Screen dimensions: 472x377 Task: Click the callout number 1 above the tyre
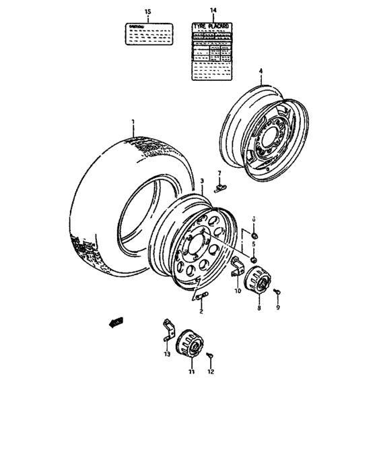click(133, 122)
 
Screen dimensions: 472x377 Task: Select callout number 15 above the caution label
click(148, 12)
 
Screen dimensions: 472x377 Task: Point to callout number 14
click(213, 10)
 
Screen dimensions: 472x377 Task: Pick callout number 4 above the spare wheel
click(261, 70)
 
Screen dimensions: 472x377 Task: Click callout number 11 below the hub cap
click(191, 372)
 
